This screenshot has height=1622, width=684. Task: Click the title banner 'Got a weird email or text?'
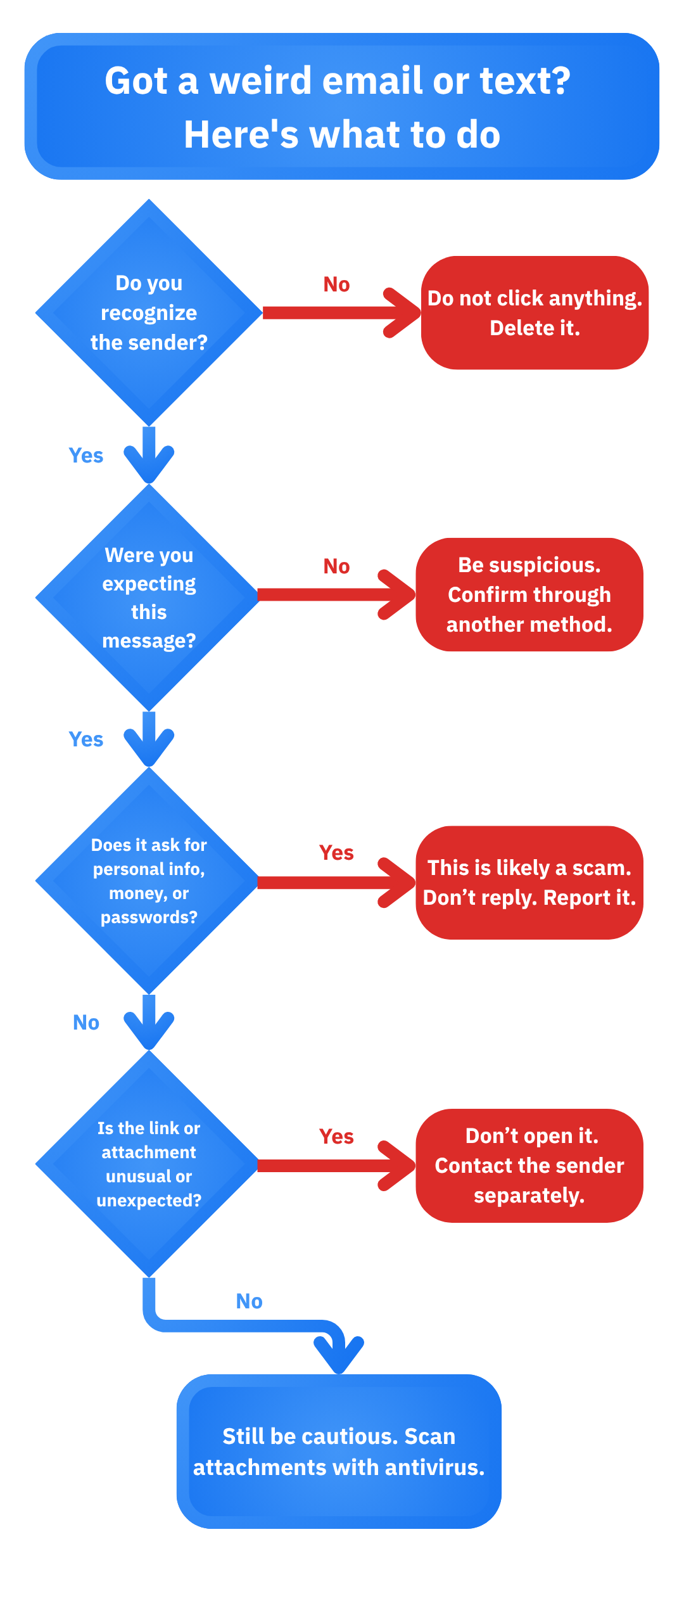pyautogui.click(x=342, y=106)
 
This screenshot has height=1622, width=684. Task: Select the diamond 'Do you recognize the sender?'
pyautogui.click(x=149, y=312)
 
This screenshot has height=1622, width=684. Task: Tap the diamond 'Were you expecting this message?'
pyautogui.click(x=149, y=597)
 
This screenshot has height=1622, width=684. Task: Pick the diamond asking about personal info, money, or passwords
pyautogui.click(x=149, y=881)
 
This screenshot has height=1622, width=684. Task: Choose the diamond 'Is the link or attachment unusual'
pyautogui.click(x=149, y=1164)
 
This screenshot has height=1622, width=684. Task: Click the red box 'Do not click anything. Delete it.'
pyautogui.click(x=535, y=312)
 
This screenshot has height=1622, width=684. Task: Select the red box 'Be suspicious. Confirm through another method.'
pyautogui.click(x=529, y=594)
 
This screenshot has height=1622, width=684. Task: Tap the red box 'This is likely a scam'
pyautogui.click(x=529, y=883)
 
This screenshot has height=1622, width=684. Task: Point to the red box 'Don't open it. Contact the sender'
pyautogui.click(x=529, y=1166)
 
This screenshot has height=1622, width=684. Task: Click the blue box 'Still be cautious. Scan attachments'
pyautogui.click(x=339, y=1452)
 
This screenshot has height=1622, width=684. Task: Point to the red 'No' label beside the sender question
pyautogui.click(x=336, y=284)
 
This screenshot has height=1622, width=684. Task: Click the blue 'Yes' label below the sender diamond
pyautogui.click(x=86, y=456)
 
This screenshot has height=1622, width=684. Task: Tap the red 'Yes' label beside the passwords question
pyautogui.click(x=336, y=853)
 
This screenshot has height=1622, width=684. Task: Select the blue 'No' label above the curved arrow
pyautogui.click(x=249, y=1301)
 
